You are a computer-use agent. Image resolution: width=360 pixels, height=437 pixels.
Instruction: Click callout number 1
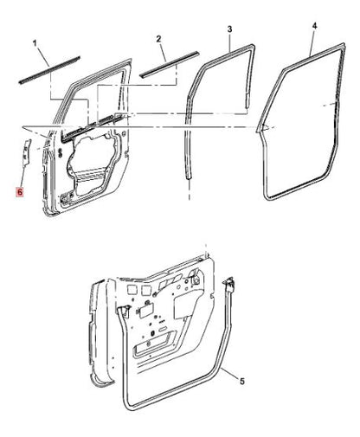[x=35, y=41]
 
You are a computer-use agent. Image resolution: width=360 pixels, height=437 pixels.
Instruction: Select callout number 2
[x=158, y=39]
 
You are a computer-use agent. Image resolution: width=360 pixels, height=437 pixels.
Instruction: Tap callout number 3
[x=228, y=30]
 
